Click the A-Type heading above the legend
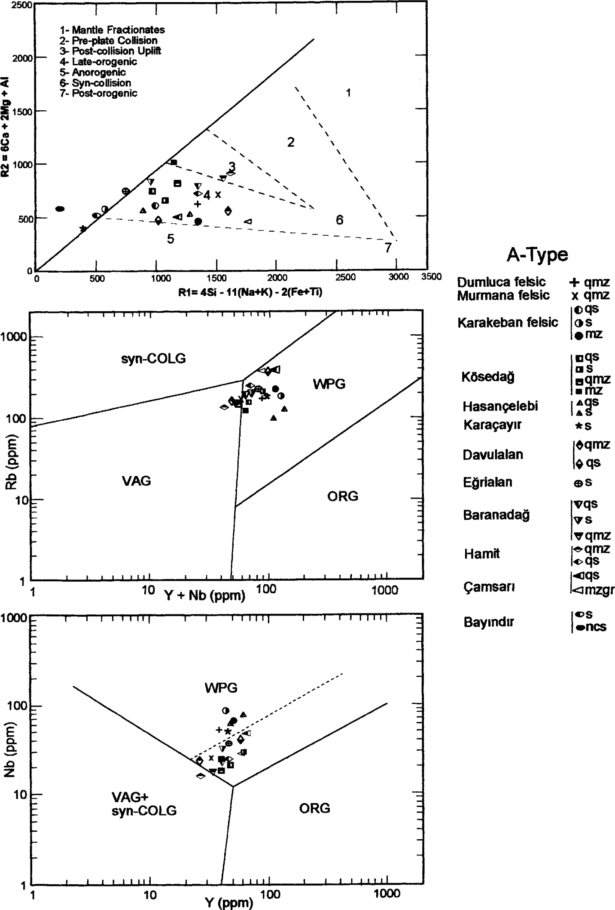pos(537,255)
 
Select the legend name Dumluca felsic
pos(501,282)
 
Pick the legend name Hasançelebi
pos(500,406)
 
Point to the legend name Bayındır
pos(489,622)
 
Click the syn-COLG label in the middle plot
pos(153,358)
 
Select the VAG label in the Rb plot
pos(137,481)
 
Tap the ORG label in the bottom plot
pos(314,808)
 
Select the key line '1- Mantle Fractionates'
pos(112,30)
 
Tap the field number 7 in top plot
pos(388,248)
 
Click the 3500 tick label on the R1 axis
pos(431,277)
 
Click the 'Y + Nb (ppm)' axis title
pos(204,595)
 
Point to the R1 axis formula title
pos(250,292)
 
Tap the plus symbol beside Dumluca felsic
pos(575,282)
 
